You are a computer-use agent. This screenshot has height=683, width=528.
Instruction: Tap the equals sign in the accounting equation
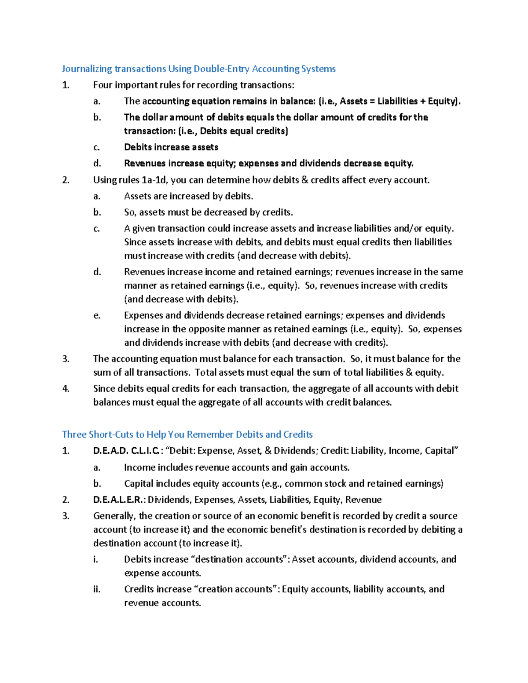coord(372,101)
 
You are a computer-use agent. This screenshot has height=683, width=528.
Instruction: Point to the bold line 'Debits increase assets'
coord(171,147)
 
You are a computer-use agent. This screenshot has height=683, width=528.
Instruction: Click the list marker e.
coord(97,315)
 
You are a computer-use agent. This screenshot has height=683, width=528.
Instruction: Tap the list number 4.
coord(66,388)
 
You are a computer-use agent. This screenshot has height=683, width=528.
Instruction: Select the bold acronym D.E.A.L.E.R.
coord(119,500)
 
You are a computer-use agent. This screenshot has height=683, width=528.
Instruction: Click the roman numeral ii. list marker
coord(97,589)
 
